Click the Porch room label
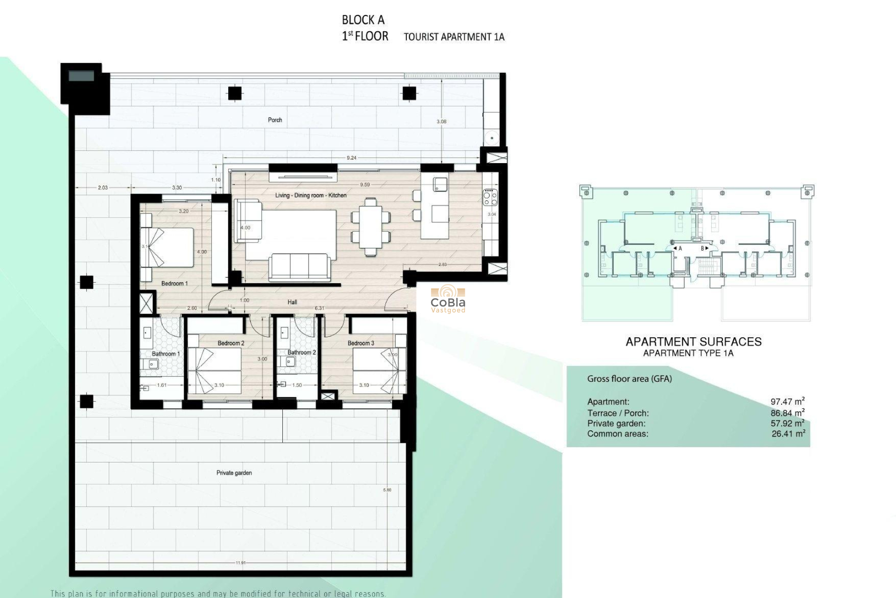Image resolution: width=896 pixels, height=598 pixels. (x=275, y=120)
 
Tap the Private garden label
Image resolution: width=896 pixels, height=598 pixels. (x=234, y=473)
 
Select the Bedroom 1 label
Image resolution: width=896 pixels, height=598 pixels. (x=175, y=284)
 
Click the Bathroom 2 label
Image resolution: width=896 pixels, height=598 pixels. (x=301, y=352)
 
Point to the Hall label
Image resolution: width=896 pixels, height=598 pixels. (x=292, y=302)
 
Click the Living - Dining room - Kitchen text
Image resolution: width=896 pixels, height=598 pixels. (x=311, y=195)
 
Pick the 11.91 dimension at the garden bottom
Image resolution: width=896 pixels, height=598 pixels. (x=240, y=563)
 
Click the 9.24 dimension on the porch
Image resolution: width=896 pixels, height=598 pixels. (x=351, y=158)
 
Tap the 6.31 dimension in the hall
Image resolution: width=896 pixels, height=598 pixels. (x=320, y=308)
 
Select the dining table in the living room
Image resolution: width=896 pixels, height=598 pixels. (x=371, y=227)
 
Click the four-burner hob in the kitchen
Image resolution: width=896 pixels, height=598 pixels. (x=490, y=197)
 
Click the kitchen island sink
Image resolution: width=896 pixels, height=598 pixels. (x=440, y=184)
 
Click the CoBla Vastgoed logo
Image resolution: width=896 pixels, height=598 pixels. (x=448, y=300)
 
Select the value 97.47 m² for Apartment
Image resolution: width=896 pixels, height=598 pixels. (x=787, y=401)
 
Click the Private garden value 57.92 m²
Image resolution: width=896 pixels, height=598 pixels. (x=787, y=423)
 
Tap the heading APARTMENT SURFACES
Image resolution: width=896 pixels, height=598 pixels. (x=693, y=342)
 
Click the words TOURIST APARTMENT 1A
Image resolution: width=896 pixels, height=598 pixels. (x=454, y=37)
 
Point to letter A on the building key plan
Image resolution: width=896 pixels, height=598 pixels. (x=680, y=249)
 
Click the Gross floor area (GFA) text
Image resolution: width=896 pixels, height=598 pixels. (x=629, y=379)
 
